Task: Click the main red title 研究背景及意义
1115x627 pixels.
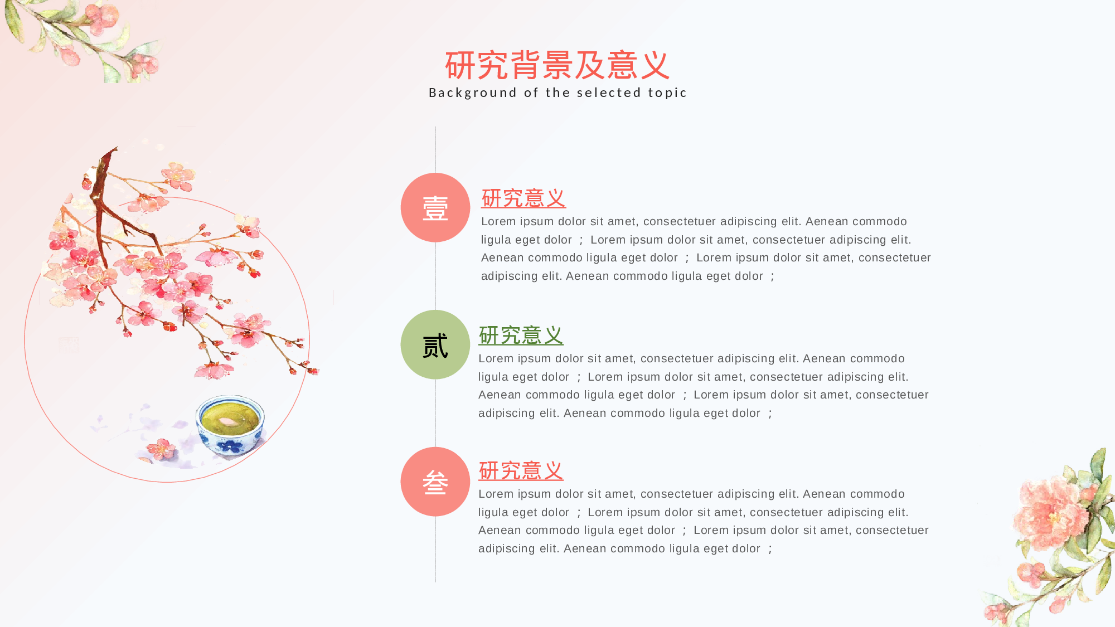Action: pyautogui.click(x=557, y=65)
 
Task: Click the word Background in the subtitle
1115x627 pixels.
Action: pyautogui.click(x=472, y=93)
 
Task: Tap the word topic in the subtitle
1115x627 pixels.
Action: pyautogui.click(x=667, y=93)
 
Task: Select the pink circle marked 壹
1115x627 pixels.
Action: pyautogui.click(x=435, y=207)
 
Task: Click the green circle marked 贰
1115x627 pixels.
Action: pyautogui.click(x=435, y=344)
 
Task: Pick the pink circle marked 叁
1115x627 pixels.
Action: pyautogui.click(x=435, y=482)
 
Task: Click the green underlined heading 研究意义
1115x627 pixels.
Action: pyautogui.click(x=521, y=336)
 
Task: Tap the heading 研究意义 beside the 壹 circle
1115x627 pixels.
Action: pyautogui.click(x=523, y=198)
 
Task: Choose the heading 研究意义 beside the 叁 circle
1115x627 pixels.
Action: pyautogui.click(x=521, y=471)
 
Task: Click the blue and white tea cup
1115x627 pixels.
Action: pyautogui.click(x=230, y=426)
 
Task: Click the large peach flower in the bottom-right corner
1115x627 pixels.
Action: pyautogui.click(x=1048, y=513)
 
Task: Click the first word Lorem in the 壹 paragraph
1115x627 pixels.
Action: pyautogui.click(x=498, y=222)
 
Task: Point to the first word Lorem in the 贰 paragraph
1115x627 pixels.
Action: pyautogui.click(x=495, y=359)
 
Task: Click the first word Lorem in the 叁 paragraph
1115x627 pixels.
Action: pyautogui.click(x=495, y=494)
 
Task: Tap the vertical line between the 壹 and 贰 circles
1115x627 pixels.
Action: pyautogui.click(x=435, y=276)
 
